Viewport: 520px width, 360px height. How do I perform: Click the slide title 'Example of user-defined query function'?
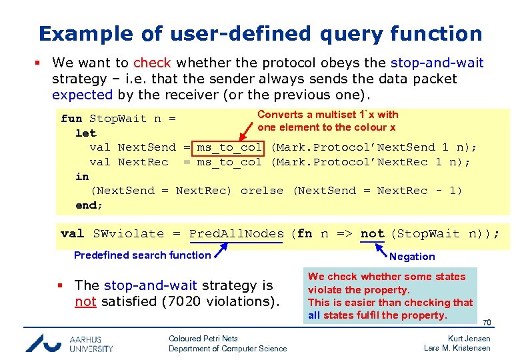[x=260, y=33]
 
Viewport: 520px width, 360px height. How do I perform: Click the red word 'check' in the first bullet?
[x=152, y=63]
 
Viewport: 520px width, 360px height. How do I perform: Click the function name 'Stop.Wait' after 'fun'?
[x=118, y=119]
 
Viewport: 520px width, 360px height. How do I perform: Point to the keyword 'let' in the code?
[x=85, y=133]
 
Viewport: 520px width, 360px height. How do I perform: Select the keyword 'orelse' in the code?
[x=261, y=191]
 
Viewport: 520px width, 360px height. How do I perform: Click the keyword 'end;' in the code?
[x=89, y=205]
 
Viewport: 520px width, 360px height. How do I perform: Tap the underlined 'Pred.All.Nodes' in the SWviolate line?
[x=236, y=233]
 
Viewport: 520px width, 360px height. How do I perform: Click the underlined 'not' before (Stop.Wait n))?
[x=372, y=233]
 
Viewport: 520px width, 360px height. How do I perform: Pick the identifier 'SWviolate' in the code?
[x=128, y=233]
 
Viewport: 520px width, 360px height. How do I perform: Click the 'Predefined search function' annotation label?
[x=142, y=255]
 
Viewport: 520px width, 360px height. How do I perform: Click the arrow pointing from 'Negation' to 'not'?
[x=381, y=249]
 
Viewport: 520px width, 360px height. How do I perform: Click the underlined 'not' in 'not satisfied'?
[x=85, y=301]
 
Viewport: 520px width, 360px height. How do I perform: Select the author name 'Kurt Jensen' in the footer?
[x=469, y=339]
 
